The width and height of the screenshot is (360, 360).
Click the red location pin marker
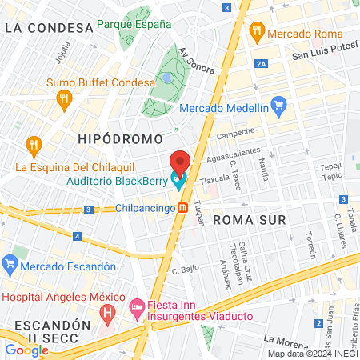pos(179,163)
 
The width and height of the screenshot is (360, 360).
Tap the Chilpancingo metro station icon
pos(183,208)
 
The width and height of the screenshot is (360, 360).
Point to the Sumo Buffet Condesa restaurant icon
pos(65,99)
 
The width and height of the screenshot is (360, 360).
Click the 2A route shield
pos(262,64)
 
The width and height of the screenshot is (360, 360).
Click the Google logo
pos(26,350)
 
